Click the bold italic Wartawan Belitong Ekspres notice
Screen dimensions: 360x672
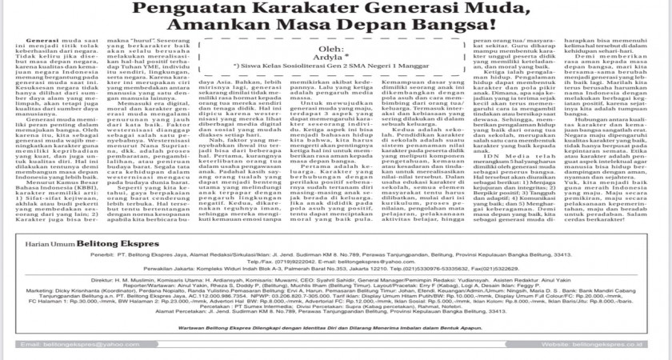(x=336, y=326)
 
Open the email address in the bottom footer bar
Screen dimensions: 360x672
(x=80, y=344)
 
